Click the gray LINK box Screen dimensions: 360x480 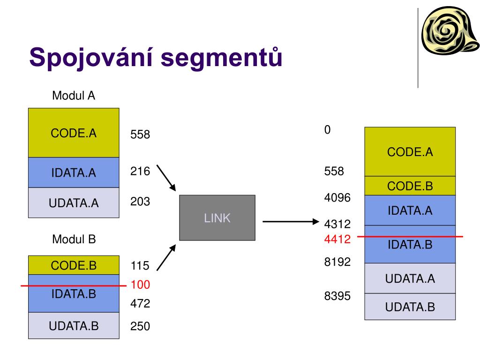[217, 218]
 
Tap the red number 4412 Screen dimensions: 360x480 [337, 240]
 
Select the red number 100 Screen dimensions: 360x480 [140, 285]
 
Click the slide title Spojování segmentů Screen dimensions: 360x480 [156, 57]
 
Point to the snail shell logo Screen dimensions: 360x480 [450, 35]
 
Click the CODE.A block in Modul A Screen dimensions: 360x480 [74, 133]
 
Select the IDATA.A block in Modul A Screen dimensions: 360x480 [74, 173]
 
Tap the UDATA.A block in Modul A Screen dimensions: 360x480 [74, 203]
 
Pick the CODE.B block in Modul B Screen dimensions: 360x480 [74, 265]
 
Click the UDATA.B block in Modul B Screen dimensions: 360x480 [74, 325]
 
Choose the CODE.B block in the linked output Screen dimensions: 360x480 [410, 186]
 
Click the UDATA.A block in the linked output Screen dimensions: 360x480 [410, 278]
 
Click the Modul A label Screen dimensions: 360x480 [74, 96]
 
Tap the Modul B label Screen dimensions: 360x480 [74, 240]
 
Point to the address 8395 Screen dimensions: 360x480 [337, 296]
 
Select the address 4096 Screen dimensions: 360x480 [337, 197]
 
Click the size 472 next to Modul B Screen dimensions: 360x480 [140, 304]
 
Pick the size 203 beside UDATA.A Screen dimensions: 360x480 [140, 202]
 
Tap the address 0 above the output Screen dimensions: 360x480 [328, 130]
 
